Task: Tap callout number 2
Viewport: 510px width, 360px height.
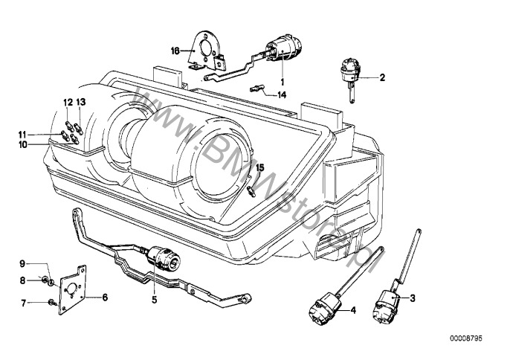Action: point(383,77)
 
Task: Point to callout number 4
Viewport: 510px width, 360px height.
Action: point(353,309)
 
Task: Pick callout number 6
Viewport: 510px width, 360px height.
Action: point(105,298)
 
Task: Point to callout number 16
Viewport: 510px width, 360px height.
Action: point(175,51)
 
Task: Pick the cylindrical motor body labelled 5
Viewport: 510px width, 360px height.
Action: point(163,258)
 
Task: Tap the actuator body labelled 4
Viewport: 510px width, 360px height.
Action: point(326,309)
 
